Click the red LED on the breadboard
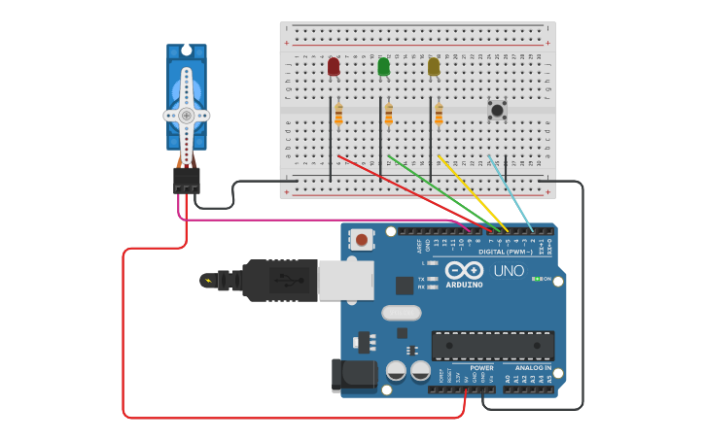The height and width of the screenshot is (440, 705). coord(334,66)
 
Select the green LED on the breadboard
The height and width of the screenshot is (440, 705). coord(383,66)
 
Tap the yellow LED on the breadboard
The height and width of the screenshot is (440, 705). coord(434,66)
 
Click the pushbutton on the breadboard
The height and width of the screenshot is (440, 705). coord(497,110)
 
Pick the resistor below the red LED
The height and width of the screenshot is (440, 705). coord(338,116)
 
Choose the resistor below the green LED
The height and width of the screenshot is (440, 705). coord(389,116)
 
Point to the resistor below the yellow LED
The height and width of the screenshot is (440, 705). coord(439,116)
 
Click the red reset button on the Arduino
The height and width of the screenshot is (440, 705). coord(362,239)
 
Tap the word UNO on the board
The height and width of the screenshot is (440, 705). coord(509,271)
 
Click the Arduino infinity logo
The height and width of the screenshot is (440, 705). coord(465,270)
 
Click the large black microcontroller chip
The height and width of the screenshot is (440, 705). coord(493,345)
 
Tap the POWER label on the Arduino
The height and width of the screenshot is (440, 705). coord(481,368)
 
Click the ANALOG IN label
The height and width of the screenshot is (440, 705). coord(533,368)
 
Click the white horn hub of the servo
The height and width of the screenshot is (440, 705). coord(186,115)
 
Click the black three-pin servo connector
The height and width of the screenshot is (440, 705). coord(187,180)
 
